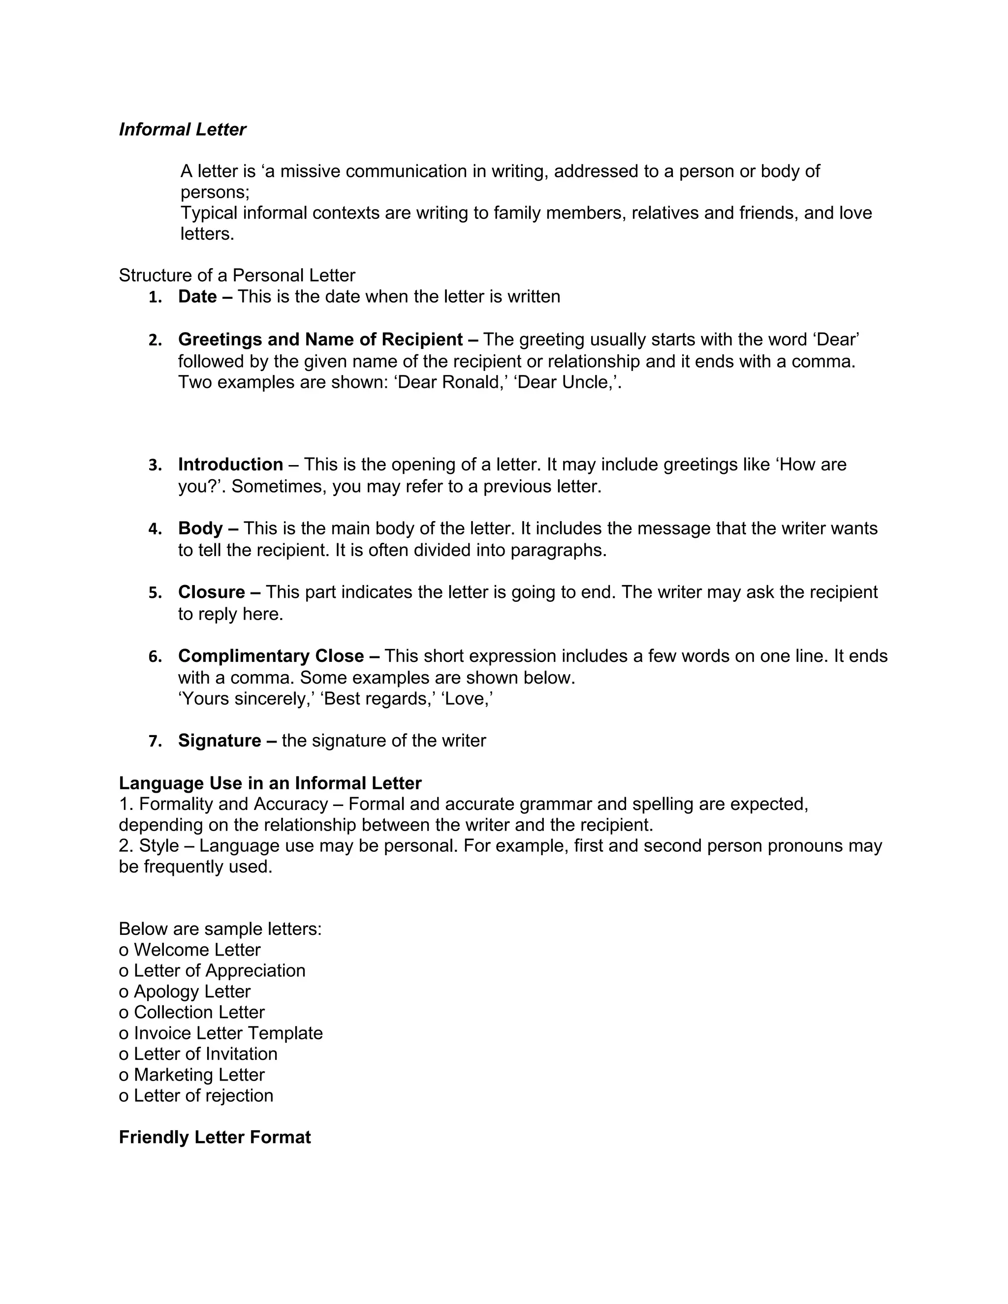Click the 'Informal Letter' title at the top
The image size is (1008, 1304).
[x=182, y=129]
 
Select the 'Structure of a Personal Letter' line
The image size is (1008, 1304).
[x=237, y=275]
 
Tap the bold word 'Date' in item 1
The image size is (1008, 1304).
[x=197, y=297]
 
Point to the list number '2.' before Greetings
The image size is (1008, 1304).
[x=155, y=341]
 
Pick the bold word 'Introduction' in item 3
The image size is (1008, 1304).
[x=230, y=465]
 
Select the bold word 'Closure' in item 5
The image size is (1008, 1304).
[x=211, y=592]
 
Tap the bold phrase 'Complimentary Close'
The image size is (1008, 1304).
[x=271, y=656]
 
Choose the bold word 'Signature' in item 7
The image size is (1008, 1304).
[x=220, y=741]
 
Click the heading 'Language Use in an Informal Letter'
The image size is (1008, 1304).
[x=270, y=783]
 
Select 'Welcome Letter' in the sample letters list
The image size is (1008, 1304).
[x=197, y=950]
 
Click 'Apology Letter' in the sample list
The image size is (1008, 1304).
[x=191, y=992]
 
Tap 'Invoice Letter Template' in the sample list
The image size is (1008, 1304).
[x=228, y=1033]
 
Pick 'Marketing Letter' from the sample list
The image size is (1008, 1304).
[x=199, y=1075]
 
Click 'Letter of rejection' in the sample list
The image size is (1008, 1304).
[x=203, y=1096]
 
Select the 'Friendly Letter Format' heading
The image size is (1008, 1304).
[x=215, y=1137]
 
